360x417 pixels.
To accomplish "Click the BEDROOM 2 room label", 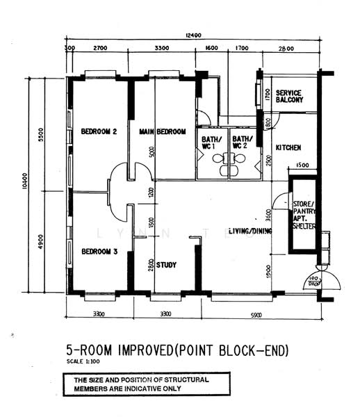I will pos(98,131).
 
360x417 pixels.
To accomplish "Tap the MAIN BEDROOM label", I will pos(162,131).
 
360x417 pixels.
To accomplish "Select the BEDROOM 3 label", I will pos(98,251).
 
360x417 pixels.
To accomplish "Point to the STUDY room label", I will pos(167,265).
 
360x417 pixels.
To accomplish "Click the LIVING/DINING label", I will pos(249,231).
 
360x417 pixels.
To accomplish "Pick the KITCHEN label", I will pos(288,148).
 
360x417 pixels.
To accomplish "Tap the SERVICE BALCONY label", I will pos(290,97).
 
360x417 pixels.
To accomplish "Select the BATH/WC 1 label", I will pos(211,142).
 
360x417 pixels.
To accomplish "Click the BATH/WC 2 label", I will pos(240,142).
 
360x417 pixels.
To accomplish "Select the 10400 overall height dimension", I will pos(24,183).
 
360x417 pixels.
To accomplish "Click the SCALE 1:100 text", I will pos(83,362).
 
